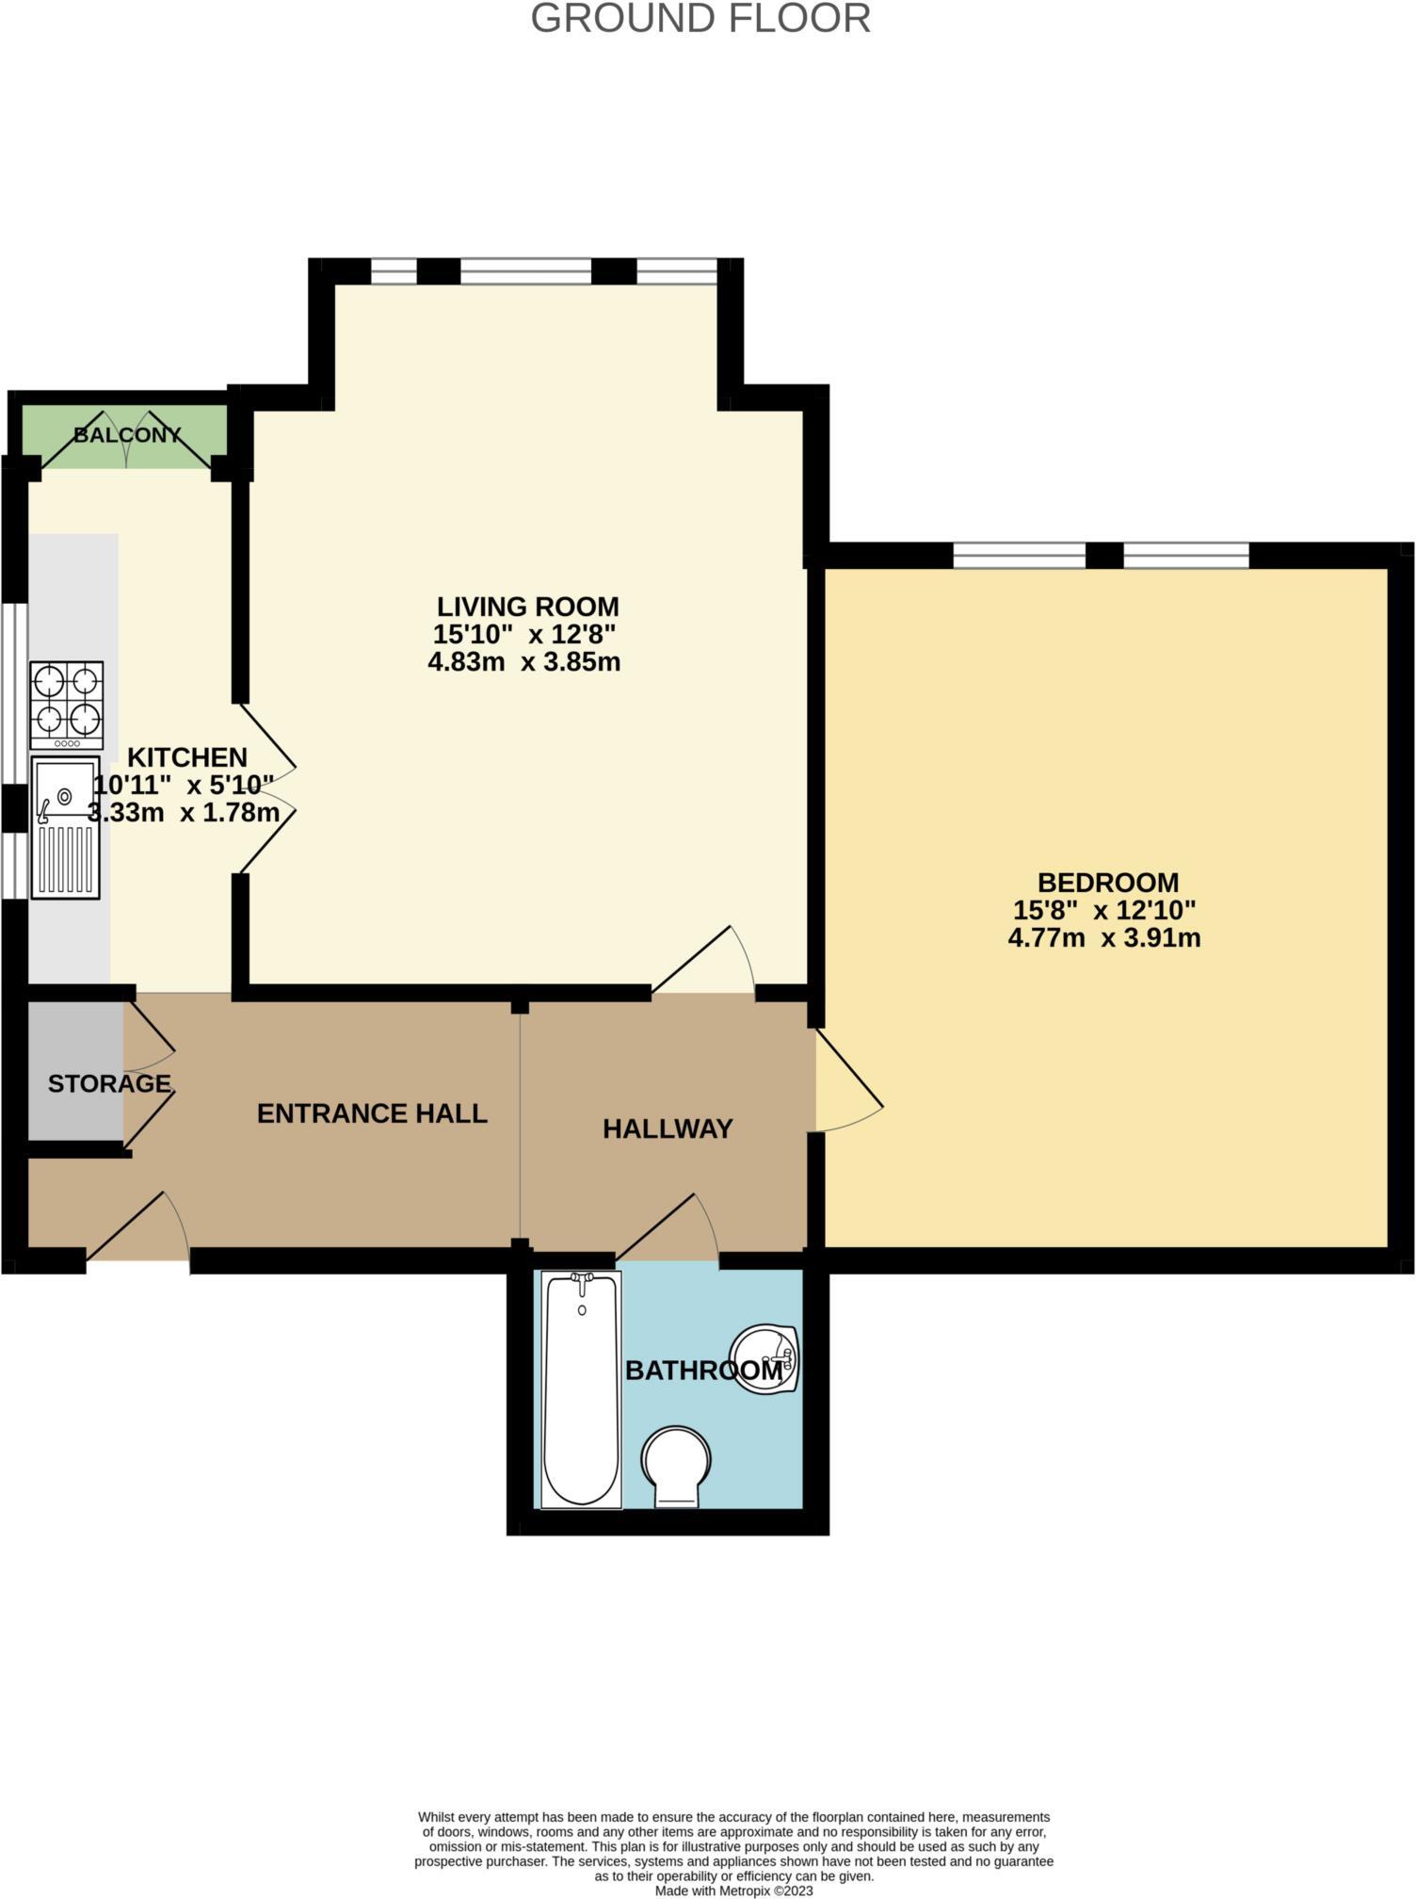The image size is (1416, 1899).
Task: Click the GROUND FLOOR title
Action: click(x=700, y=19)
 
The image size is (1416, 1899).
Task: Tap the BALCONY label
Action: click(x=127, y=435)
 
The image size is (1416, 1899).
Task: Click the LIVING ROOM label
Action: click(x=527, y=606)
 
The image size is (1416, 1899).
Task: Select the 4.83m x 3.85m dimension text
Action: click(x=523, y=661)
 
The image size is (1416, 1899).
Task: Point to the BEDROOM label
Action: click(x=1107, y=883)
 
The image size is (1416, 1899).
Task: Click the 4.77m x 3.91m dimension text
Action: click(x=1103, y=938)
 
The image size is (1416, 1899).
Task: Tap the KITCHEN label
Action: click(x=186, y=757)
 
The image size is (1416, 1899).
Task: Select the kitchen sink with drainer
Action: click(x=65, y=827)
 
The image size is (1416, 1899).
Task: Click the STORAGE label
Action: click(x=108, y=1083)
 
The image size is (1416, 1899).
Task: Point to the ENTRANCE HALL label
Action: click(x=372, y=1113)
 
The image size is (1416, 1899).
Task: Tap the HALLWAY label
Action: click(x=668, y=1128)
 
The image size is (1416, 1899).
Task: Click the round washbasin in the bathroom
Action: click(x=766, y=1359)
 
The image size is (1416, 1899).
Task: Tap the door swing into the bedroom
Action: click(x=847, y=1083)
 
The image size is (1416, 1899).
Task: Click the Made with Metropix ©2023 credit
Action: click(x=733, y=1890)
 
